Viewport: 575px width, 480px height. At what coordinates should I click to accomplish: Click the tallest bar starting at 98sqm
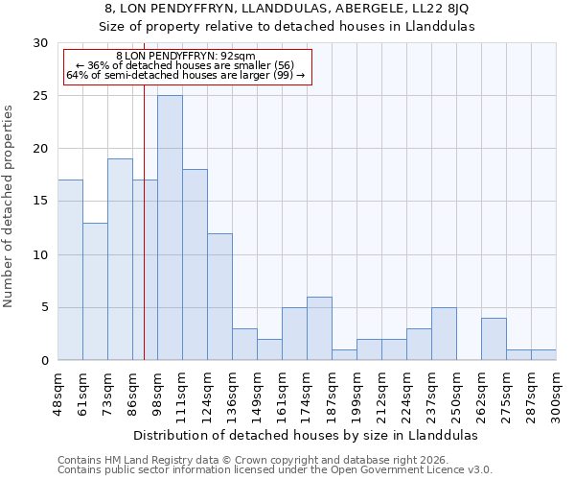(170, 228)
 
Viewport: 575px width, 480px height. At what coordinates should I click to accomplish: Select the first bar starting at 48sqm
(70, 270)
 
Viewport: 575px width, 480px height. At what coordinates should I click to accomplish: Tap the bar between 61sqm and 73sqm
(95, 291)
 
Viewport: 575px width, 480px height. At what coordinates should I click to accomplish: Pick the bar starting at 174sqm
(319, 328)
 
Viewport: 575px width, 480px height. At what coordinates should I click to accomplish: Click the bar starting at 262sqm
(494, 339)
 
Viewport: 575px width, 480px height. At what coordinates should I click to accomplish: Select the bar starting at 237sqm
(444, 333)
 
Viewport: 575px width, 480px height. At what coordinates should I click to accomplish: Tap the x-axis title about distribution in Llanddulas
(305, 435)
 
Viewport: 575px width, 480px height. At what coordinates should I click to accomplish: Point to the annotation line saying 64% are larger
(185, 75)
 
